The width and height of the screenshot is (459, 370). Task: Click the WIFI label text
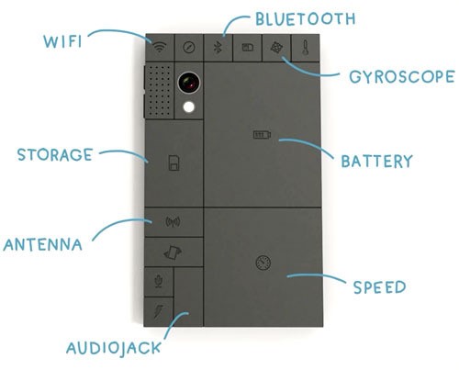click(62, 41)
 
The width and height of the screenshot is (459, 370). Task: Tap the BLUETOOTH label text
click(305, 19)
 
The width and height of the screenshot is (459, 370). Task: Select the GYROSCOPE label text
click(402, 76)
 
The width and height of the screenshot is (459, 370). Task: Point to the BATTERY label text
click(377, 162)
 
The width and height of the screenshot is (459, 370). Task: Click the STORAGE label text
click(55, 154)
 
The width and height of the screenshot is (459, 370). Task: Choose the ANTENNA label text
click(43, 244)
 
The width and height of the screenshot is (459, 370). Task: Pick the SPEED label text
click(379, 287)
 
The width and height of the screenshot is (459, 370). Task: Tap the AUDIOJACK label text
click(114, 349)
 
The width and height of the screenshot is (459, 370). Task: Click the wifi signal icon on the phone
click(160, 47)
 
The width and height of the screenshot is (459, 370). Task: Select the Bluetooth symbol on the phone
click(218, 48)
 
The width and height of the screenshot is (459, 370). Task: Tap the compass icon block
click(189, 48)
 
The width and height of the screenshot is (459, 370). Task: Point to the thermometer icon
click(305, 48)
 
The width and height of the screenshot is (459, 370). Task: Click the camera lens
click(189, 83)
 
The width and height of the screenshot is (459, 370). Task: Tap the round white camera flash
click(189, 107)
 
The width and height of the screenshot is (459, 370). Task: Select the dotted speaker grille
click(159, 91)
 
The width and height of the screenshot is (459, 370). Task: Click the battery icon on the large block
click(262, 134)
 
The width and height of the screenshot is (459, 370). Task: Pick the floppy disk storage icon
click(174, 163)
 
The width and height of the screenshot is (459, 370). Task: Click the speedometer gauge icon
click(263, 263)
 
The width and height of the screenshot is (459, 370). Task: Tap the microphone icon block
click(159, 282)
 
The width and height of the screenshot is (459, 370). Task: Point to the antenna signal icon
click(173, 221)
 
